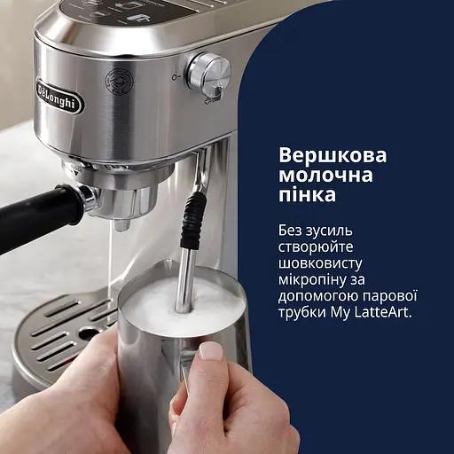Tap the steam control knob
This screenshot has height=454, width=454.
209,73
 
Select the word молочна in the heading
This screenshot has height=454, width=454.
316,175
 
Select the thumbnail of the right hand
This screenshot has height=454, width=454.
211,350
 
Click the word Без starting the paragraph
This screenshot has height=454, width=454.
292,231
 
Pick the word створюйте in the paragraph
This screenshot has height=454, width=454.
315,247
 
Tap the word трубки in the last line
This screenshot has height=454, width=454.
303,313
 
